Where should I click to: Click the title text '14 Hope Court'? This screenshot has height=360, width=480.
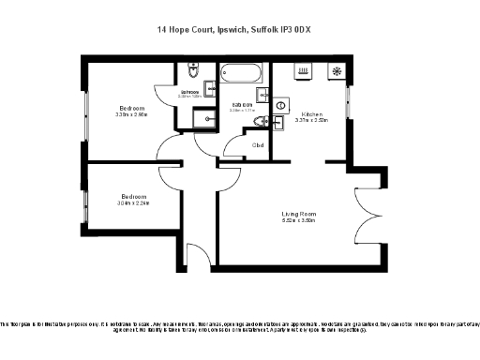click(x=185, y=30)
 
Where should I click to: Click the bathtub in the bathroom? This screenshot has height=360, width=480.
click(x=242, y=73)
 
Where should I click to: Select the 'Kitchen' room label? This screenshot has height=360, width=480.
click(x=310, y=112)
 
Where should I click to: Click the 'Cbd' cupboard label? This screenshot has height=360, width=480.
click(x=258, y=145)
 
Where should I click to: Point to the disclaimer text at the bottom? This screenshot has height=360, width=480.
click(x=240, y=325)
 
